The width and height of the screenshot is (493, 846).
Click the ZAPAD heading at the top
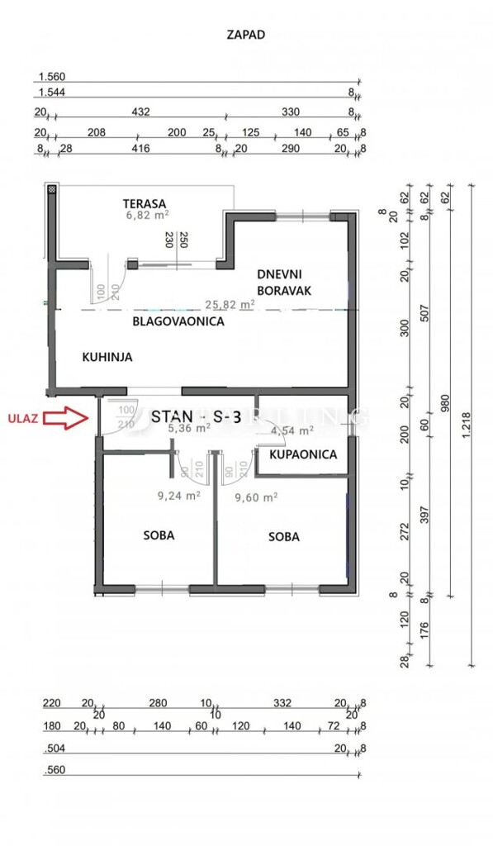coord(245,35)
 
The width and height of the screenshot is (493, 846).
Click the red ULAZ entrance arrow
coord(66,418)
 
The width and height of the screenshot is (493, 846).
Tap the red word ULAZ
coord(21,418)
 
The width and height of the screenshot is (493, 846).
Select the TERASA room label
coord(145,203)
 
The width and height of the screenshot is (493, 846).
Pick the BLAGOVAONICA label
coord(178,322)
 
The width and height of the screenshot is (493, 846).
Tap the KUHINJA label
coord(107,358)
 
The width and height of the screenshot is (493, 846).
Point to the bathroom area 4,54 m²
coord(292,430)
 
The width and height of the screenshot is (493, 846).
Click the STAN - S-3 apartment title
coord(196,416)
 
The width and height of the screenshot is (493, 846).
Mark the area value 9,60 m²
coord(255,497)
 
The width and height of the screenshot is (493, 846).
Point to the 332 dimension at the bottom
coord(282,703)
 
